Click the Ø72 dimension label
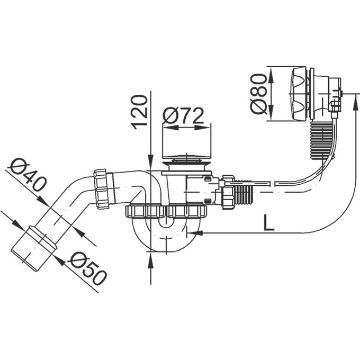183,115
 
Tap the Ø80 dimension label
258,94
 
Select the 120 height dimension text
139,112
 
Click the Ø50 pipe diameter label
87,268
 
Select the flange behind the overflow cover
312,94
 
